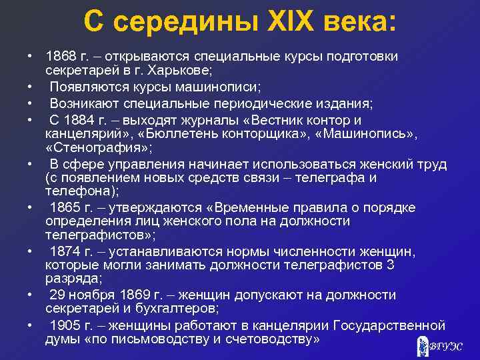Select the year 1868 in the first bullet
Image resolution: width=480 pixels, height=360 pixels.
[x=61, y=56]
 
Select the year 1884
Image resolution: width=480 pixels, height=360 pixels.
[x=80, y=120]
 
